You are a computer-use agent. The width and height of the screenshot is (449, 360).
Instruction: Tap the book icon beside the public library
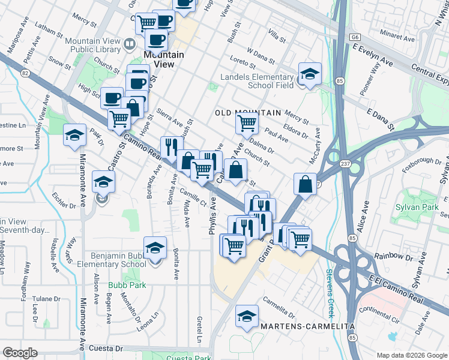pyautogui.click(x=129, y=44)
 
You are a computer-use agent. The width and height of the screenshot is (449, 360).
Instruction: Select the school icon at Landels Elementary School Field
pyautogui.click(x=310, y=74)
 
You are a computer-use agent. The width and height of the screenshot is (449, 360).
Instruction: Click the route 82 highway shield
pyautogui.click(x=25, y=73)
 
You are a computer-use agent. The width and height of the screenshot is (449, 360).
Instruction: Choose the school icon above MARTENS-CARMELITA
pyautogui.click(x=246, y=317)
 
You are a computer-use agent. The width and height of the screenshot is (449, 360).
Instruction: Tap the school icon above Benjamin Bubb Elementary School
pyautogui.click(x=155, y=248)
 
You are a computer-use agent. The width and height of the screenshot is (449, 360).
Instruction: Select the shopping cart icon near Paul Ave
pyautogui.click(x=247, y=124)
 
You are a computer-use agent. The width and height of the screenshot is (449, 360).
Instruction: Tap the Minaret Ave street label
pyautogui.click(x=396, y=38)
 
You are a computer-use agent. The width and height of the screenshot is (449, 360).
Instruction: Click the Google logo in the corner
pyautogui.click(x=20, y=353)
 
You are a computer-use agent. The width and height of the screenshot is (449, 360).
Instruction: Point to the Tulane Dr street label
pyautogui.click(x=46, y=299)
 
